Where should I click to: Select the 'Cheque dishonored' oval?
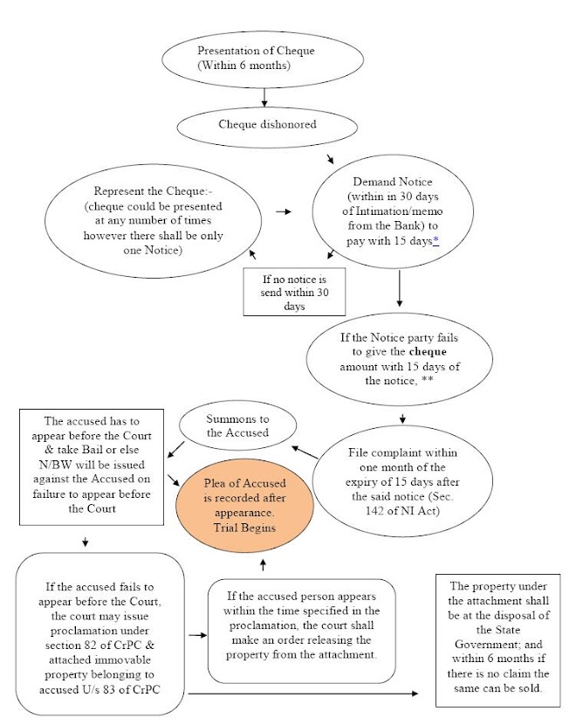[x=266, y=124]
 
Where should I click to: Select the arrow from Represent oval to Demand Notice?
[x=282, y=211]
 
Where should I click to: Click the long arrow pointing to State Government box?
[x=305, y=694]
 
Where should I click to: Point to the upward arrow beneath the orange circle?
[x=263, y=562]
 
